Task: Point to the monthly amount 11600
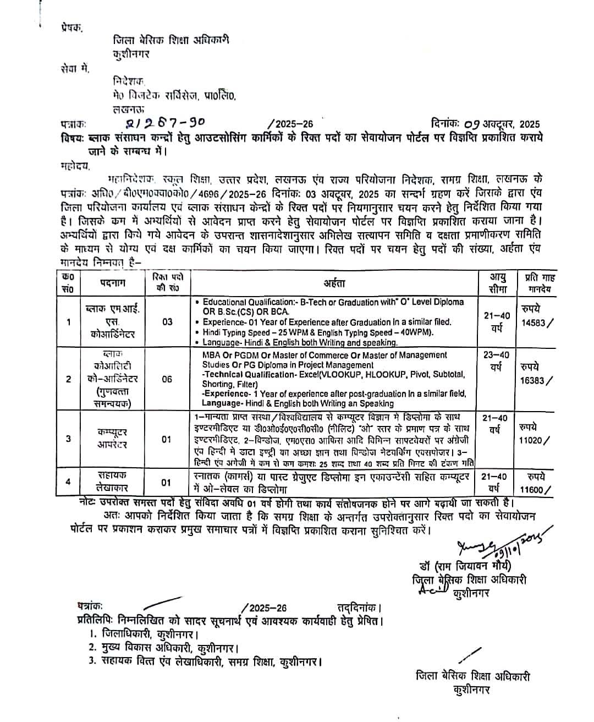[532, 489]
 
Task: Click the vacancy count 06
[167, 379]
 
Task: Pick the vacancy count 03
[167, 322]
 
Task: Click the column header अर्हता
[334, 283]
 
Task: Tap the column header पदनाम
[113, 283]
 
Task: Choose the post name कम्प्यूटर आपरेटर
[112, 439]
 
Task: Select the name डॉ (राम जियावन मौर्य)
[465, 566]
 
